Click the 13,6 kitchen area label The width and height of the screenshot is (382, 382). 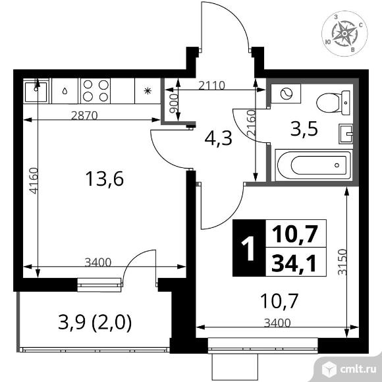105,179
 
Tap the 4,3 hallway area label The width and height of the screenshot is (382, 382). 219,138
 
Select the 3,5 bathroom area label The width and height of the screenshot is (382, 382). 304,128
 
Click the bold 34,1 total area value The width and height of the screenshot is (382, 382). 294,263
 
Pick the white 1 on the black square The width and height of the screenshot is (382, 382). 249,248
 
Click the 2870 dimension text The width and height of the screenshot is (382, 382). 84,116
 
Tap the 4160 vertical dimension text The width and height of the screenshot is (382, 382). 34,180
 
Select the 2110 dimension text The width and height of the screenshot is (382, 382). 211,86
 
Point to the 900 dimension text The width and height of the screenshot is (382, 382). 174,104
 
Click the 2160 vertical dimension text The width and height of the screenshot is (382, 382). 251,123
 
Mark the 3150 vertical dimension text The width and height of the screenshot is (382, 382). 342,262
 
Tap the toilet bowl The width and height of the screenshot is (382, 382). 334,103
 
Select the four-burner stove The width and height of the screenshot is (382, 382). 95,91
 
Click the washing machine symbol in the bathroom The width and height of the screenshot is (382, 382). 286,94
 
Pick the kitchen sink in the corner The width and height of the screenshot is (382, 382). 36,91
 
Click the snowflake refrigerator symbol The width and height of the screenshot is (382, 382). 148,91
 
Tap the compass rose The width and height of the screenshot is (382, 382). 344,34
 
